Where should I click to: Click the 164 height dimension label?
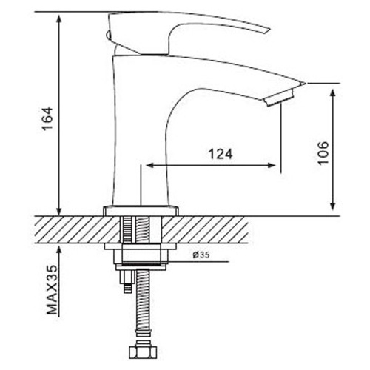point(47,118)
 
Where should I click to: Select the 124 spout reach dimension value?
point(221,154)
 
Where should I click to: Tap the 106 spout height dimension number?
point(323,153)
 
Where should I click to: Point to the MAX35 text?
point(53,290)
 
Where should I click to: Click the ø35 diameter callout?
point(201,255)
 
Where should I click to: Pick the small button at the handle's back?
point(107,35)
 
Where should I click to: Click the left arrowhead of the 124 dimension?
point(149,165)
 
